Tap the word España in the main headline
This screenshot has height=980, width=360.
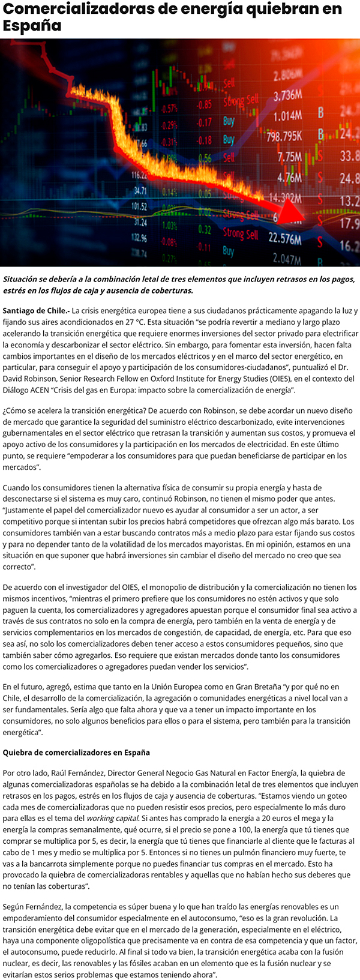coord(32,26)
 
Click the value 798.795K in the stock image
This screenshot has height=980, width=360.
coord(284,136)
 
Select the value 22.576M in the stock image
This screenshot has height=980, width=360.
coord(284,239)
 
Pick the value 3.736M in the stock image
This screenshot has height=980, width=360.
coord(287,96)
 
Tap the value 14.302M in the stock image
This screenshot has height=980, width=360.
coord(284,198)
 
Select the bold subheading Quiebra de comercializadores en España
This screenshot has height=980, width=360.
coord(76,753)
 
